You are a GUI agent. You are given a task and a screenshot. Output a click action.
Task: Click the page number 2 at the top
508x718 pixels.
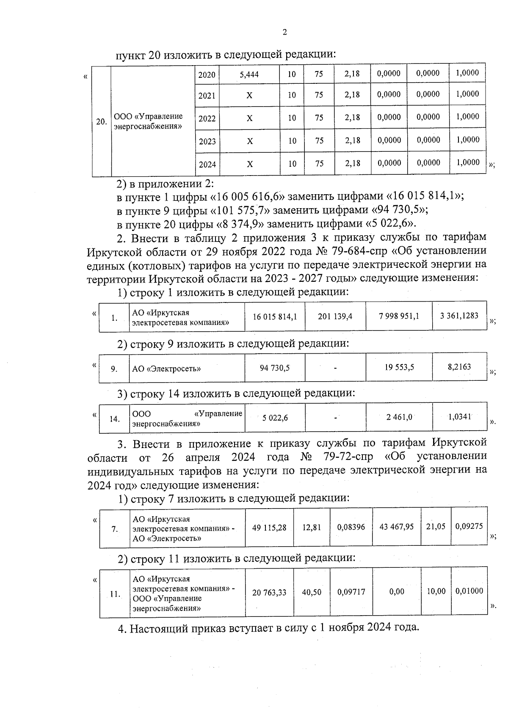point(284,32)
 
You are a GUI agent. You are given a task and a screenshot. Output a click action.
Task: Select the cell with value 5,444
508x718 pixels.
point(249,74)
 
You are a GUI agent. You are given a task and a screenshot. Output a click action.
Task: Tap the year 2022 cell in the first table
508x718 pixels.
point(207,118)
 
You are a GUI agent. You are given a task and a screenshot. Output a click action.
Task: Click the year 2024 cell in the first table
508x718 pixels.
point(207,164)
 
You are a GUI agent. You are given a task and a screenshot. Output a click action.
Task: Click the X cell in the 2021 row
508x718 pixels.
point(249,96)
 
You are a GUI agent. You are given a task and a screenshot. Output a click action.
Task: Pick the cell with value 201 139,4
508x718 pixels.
point(335,316)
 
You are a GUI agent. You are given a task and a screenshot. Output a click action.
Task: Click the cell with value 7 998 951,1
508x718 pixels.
point(399,316)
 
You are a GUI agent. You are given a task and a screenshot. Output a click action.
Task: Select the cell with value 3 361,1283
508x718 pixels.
point(459,316)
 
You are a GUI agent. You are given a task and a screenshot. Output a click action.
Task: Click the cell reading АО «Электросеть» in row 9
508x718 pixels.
point(166,369)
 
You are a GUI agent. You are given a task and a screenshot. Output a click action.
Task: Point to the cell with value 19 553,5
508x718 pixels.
point(399,367)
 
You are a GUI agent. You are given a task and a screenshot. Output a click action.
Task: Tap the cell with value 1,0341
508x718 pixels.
point(459,417)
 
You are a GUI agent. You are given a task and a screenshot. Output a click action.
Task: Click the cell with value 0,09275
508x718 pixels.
point(469,527)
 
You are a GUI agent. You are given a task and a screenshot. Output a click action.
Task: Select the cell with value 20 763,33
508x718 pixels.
point(269,593)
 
